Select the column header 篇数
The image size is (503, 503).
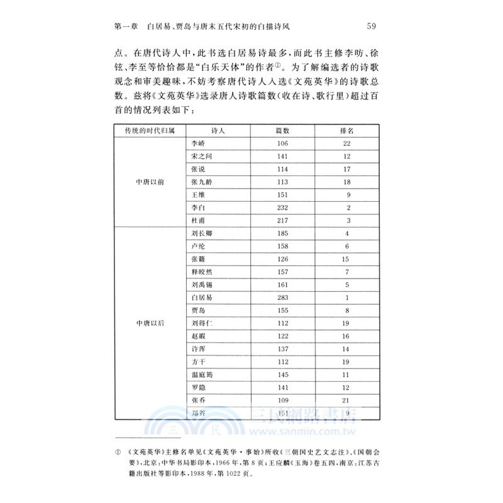[x=282, y=130]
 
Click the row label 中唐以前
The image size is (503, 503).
[x=150, y=181]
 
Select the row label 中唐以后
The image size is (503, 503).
[x=150, y=323]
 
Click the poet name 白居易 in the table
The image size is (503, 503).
[x=202, y=297]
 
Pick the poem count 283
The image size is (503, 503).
[x=282, y=297]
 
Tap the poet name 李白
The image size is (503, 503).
[x=198, y=207]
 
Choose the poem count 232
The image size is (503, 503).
[x=282, y=207]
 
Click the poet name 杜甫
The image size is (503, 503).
[x=198, y=220]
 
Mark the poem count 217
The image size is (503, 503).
[x=282, y=220]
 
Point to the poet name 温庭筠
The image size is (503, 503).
[x=202, y=374]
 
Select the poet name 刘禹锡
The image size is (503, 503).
[x=202, y=284]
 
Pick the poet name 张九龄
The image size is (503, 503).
[x=202, y=181]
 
